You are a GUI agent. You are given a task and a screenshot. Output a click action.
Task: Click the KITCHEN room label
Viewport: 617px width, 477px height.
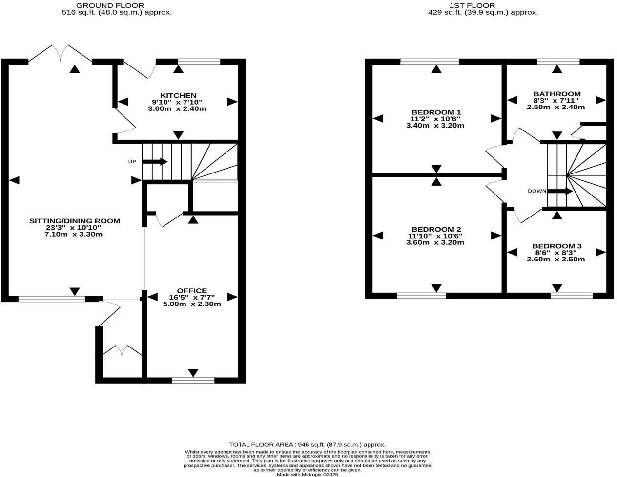point(178,95)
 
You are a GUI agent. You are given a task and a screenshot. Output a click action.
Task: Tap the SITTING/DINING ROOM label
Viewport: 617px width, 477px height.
point(74,221)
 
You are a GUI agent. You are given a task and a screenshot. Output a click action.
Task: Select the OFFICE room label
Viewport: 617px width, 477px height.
point(192,291)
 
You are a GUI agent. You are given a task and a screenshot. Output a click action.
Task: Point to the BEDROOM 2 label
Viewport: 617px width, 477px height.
point(436,229)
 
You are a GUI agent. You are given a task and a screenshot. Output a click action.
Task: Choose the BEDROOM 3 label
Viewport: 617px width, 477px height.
point(556,246)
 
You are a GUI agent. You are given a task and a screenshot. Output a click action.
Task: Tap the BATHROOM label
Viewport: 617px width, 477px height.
point(556,94)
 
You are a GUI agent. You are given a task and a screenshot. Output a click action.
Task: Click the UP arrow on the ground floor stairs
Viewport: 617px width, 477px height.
point(155,162)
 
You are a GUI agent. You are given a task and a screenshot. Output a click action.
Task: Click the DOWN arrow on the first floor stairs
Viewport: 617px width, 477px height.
point(560,191)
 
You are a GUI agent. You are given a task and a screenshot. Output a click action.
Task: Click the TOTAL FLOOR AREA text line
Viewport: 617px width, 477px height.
point(308,444)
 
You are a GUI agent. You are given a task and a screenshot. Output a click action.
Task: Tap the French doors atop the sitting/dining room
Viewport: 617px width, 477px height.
point(61,54)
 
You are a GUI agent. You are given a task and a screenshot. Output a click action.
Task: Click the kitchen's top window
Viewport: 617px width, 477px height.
point(199,62)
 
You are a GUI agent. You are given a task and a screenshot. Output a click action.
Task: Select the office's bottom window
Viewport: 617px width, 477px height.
point(193,380)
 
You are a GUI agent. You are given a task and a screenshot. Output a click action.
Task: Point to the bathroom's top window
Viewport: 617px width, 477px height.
point(558,62)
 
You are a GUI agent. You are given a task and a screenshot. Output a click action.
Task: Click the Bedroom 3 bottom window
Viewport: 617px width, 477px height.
point(572,295)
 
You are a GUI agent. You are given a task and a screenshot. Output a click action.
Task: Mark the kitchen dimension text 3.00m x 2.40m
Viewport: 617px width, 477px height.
point(177,108)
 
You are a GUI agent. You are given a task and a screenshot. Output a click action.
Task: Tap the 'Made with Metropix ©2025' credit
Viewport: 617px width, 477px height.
point(307,474)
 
